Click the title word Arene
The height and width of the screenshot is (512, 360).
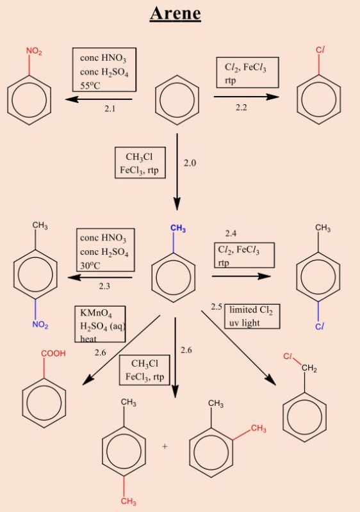(x=176, y=13)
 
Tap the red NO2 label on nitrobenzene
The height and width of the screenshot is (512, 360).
(x=35, y=51)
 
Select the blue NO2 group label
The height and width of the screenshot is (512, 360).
(x=40, y=325)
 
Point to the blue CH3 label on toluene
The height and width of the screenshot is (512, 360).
(x=178, y=228)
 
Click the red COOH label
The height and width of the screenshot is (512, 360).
(x=54, y=353)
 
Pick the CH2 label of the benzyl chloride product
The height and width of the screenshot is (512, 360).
(x=309, y=369)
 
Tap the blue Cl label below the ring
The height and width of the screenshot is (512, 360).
(x=320, y=326)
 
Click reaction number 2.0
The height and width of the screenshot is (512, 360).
(x=190, y=163)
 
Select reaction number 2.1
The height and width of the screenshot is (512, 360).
(x=110, y=108)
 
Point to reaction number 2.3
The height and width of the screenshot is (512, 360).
(x=104, y=286)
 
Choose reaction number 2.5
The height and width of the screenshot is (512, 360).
(x=217, y=307)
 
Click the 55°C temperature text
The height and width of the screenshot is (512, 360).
(x=90, y=86)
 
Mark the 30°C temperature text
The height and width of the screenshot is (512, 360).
(x=90, y=266)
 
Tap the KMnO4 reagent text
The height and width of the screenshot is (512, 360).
(x=96, y=313)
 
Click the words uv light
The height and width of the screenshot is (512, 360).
(x=244, y=323)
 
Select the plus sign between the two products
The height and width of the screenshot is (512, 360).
(x=165, y=446)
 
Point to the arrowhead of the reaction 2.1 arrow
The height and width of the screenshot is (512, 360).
(x=72, y=99)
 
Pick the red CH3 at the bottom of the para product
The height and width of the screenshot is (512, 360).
(x=129, y=501)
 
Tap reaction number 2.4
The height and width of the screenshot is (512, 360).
(x=231, y=234)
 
